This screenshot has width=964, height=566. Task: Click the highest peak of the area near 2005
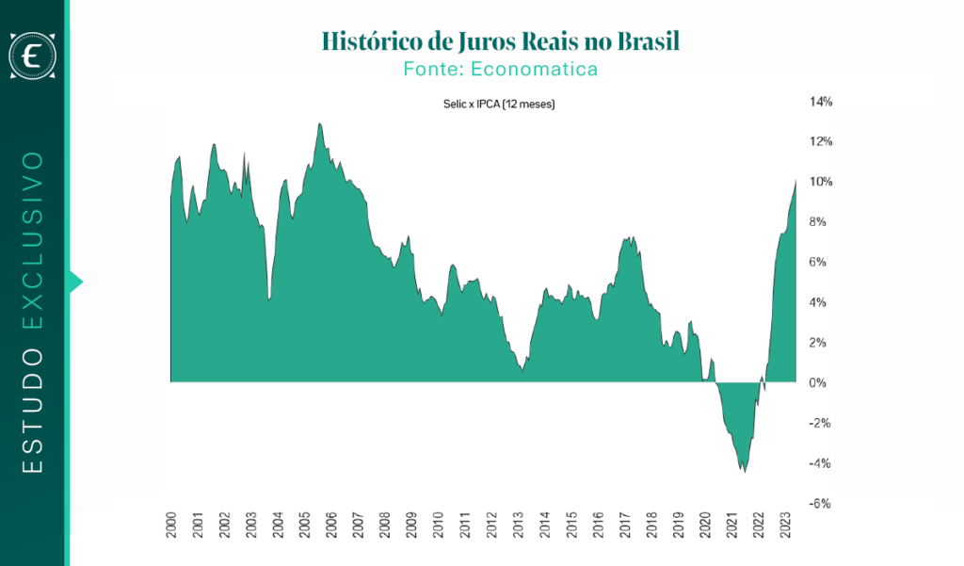[320, 123]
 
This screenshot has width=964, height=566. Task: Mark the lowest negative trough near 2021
[745, 471]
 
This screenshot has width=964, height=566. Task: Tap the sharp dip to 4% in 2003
[269, 299]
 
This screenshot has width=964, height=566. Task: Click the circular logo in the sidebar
[33, 57]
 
